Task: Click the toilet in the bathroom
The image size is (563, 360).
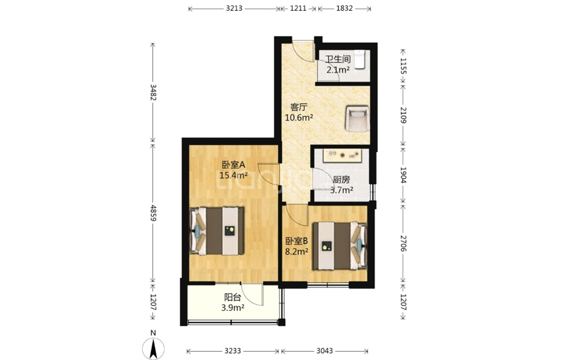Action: tap(360, 59)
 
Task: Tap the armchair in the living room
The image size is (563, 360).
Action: tap(357, 118)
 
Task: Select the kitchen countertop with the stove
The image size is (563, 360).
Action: tap(343, 155)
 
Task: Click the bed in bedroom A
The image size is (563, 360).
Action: tap(217, 231)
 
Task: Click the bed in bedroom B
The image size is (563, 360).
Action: tap(340, 246)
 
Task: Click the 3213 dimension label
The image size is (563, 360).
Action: tap(234, 8)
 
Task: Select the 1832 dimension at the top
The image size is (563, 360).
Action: tap(344, 8)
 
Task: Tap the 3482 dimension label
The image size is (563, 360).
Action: tap(153, 92)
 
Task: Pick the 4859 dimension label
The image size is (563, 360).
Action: tap(153, 213)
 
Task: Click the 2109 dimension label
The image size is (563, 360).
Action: tap(403, 115)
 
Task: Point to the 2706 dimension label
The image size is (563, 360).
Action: tap(403, 243)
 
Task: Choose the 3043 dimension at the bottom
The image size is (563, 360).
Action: tap(324, 351)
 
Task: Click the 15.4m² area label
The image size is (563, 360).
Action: tap(234, 175)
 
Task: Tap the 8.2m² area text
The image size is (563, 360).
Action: tap(297, 251)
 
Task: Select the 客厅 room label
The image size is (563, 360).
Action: tap(298, 107)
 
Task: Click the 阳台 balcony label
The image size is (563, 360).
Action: tap(232, 297)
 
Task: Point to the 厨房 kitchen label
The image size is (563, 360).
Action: tap(341, 180)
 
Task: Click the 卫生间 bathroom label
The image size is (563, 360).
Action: tap(338, 59)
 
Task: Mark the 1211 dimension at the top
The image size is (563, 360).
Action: tap(298, 8)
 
